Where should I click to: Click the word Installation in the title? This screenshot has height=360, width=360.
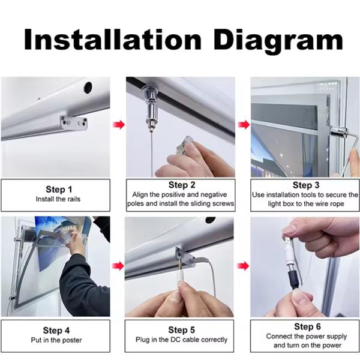pyautogui.click(x=113, y=40)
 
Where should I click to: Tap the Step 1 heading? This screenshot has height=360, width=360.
pyautogui.click(x=59, y=190)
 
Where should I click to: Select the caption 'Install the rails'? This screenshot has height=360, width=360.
pyautogui.click(x=58, y=199)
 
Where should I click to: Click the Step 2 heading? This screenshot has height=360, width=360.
pyautogui.click(x=182, y=185)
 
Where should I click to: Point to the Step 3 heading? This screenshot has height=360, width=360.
pyautogui.click(x=306, y=185)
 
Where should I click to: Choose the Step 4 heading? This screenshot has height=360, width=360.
pyautogui.click(x=56, y=331)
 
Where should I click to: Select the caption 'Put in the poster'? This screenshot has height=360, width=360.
pyautogui.click(x=56, y=340)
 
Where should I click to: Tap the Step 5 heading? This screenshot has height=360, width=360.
pyautogui.click(x=181, y=330)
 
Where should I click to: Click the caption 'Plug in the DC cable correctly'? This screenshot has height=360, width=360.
pyautogui.click(x=181, y=340)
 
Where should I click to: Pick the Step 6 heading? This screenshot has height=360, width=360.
pyautogui.click(x=307, y=326)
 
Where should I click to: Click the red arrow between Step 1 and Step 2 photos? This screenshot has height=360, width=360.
pyautogui.click(x=119, y=125)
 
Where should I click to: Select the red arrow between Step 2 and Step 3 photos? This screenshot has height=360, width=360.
pyautogui.click(x=244, y=125)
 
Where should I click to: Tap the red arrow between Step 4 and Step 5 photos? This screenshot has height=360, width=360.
pyautogui.click(x=118, y=266)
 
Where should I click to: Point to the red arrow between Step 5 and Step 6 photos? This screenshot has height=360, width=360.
pyautogui.click(x=243, y=266)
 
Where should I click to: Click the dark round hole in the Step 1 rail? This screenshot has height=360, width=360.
pyautogui.click(x=88, y=88)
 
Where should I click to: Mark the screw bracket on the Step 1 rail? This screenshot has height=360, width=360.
pyautogui.click(x=74, y=123)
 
